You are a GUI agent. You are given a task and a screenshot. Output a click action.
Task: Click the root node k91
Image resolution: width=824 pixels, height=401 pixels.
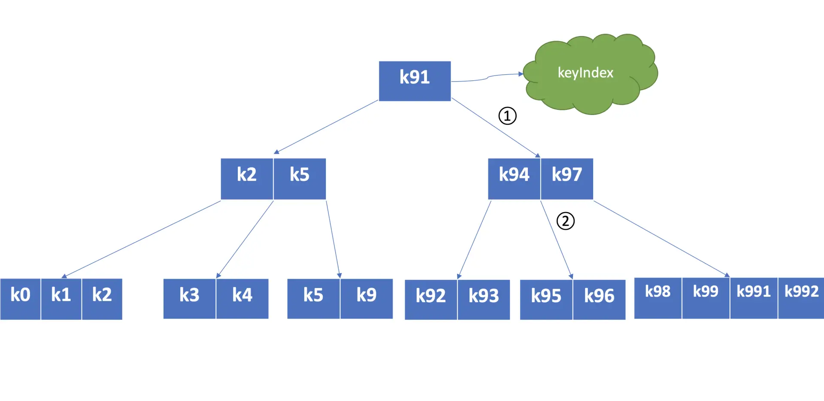[x=415, y=81]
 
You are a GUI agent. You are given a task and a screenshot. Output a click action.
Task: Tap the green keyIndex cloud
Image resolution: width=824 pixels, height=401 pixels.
[x=590, y=74]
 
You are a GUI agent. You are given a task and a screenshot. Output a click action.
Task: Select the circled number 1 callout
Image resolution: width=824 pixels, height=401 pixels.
[x=507, y=116]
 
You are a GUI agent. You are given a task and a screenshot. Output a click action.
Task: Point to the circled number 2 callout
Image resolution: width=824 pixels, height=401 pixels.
[x=565, y=221]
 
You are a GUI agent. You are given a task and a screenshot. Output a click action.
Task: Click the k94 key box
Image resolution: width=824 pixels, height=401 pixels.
[x=514, y=179]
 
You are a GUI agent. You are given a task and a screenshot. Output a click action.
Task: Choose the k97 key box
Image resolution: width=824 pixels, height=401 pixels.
[x=567, y=179]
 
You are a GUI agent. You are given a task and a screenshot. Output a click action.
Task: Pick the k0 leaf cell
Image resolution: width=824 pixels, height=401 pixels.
[x=20, y=299]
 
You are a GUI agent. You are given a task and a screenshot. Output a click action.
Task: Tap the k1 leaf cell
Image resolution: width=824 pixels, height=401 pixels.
[x=61, y=299]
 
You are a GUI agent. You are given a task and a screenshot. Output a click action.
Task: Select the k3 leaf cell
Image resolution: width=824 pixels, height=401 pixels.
[x=189, y=299]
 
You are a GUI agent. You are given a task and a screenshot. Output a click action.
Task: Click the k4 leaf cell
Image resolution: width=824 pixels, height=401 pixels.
[x=242, y=299]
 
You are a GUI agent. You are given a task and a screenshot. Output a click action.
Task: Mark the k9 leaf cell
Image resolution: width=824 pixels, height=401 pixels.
[x=367, y=299]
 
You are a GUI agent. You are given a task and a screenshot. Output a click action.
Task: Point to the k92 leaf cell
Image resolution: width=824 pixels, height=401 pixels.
[x=431, y=300]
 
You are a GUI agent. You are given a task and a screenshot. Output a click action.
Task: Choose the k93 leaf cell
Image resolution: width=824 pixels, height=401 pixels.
[x=484, y=300]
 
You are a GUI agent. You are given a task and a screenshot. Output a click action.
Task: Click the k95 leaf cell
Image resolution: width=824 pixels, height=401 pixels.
[x=546, y=300]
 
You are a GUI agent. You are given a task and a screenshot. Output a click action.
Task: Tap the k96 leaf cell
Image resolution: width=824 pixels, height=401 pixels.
[x=599, y=300]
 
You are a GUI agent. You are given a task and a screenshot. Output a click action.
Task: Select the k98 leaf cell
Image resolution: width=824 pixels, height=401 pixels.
[x=658, y=298]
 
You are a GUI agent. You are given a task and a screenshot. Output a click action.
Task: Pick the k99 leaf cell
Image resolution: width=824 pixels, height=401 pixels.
[x=706, y=298]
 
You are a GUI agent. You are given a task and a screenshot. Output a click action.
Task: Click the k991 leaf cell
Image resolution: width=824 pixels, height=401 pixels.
[x=754, y=298]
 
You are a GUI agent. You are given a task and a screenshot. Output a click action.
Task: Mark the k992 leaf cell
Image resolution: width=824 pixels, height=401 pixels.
[x=801, y=298]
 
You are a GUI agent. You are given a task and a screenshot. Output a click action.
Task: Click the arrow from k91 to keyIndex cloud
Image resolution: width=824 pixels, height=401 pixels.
[x=487, y=78]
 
